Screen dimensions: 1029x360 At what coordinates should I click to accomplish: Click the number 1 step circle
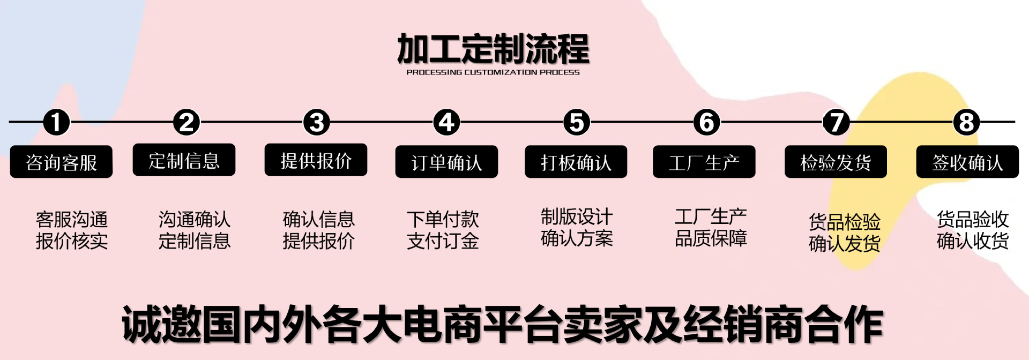pos(57,122)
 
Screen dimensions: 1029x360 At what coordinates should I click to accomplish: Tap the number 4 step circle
pos(446,122)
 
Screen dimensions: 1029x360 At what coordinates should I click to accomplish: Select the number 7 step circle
pos(836,122)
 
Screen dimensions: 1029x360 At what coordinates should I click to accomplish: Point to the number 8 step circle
pos(966,122)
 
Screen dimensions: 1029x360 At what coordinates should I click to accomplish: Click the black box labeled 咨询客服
pos(61,162)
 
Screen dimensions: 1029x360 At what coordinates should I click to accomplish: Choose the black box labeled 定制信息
pos(184,160)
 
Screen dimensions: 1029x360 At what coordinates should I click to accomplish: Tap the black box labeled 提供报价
pos(316,160)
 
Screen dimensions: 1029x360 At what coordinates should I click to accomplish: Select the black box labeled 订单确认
pos(446,162)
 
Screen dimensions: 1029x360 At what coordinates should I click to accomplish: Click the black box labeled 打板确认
pos(576,162)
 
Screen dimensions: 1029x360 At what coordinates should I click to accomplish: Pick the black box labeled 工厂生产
pos(704,162)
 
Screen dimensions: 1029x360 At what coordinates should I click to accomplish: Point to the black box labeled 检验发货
pos(836,162)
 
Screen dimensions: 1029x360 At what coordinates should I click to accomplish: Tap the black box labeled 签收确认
pos(967,162)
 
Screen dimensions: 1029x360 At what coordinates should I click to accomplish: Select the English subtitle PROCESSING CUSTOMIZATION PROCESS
pos(493,72)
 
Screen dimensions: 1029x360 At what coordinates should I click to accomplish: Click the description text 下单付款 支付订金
pos(443,230)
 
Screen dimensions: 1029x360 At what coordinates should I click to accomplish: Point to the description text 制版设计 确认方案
pos(577,228)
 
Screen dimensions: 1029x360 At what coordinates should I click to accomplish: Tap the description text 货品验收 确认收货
pos(973,230)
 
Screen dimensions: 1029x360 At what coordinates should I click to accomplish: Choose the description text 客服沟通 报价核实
pos(72,230)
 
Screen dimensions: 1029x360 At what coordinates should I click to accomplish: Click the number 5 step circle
pos(577,122)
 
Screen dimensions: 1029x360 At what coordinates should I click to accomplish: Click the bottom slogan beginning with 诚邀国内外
pos(502,325)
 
